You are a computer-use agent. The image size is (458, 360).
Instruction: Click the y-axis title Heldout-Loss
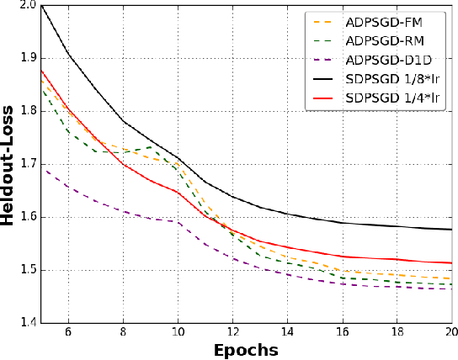coord(9,163)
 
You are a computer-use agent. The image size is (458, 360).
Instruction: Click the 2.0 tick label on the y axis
coord(25,6)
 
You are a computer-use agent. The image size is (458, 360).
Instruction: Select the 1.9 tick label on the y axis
coord(25,58)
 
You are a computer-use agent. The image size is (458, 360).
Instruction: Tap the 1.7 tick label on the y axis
coord(25,164)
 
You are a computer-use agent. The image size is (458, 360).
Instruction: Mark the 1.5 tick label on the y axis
coord(25,270)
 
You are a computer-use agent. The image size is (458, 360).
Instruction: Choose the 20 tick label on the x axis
coord(451,333)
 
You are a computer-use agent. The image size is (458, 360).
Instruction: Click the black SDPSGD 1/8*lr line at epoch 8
coord(124,122)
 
